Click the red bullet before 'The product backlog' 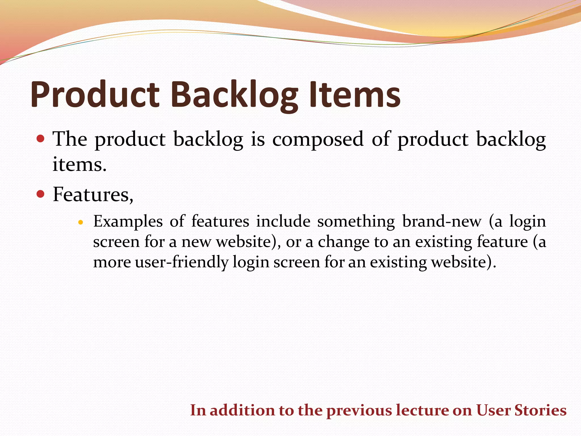point(41,139)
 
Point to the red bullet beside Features point(41,194)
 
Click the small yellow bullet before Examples point(81,222)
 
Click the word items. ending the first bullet point(79,165)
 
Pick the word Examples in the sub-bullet point(128,222)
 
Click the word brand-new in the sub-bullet point(442,222)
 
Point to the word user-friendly point(182,262)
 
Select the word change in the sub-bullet point(344,242)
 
